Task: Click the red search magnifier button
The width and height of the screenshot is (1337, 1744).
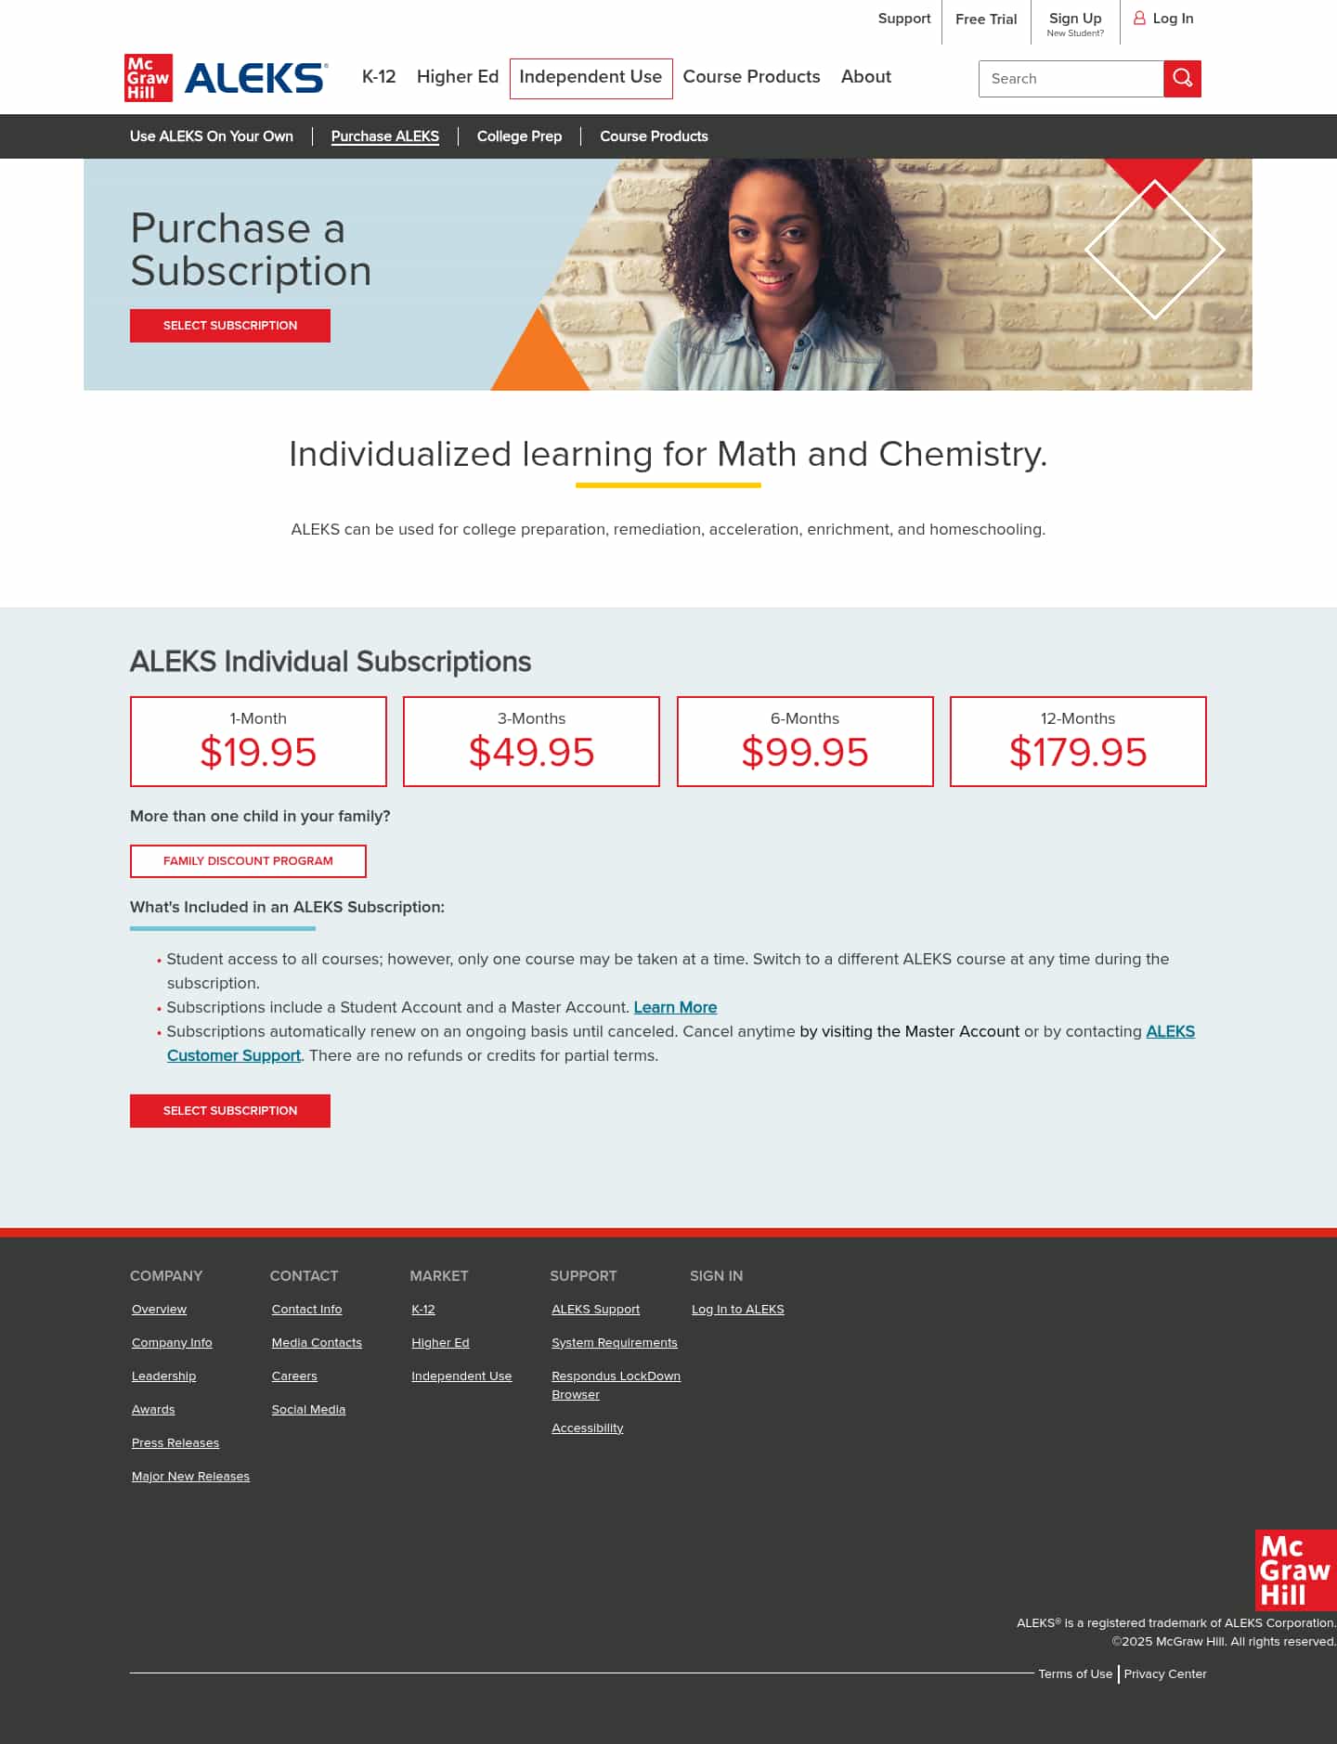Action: point(1182,79)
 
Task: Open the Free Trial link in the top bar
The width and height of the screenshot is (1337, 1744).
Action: point(986,19)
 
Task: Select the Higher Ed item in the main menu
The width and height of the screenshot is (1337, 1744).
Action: point(458,77)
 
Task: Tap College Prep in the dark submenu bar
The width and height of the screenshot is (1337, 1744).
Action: point(519,136)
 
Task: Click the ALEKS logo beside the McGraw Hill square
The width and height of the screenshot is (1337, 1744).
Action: point(256,78)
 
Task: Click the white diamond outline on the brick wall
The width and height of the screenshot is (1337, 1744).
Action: point(1154,250)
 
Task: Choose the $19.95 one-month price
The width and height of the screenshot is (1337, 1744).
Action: point(258,752)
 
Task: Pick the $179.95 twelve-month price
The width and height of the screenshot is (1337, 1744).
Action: point(1078,752)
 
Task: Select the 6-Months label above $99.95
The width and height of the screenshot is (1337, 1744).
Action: point(805,718)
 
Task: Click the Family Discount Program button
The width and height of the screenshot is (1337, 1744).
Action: point(248,861)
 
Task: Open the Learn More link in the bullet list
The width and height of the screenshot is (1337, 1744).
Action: point(675,1007)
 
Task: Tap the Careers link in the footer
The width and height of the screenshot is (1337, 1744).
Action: point(294,1376)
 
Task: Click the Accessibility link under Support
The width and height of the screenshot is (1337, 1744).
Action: point(587,1428)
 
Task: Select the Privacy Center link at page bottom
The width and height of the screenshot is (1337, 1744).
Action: point(1165,1674)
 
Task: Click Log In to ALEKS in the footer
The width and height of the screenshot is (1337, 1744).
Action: point(737,1310)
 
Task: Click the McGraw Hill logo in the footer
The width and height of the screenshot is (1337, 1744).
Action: point(1295,1570)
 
